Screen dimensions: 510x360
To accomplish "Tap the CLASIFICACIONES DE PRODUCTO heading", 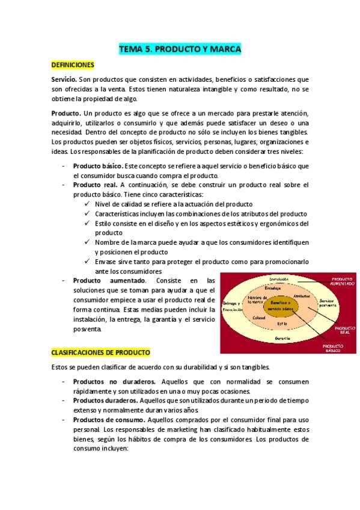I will (x=100, y=352).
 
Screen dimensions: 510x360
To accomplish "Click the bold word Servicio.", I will (x=64, y=79).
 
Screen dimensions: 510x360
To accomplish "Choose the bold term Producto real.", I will (x=95, y=185).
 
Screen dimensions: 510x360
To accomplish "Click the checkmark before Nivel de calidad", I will (x=89, y=204).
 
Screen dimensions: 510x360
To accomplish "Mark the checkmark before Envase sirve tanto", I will (x=89, y=262).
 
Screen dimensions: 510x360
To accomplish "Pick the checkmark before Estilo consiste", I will (x=89, y=223).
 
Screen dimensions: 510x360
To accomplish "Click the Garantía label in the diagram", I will (x=283, y=339).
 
